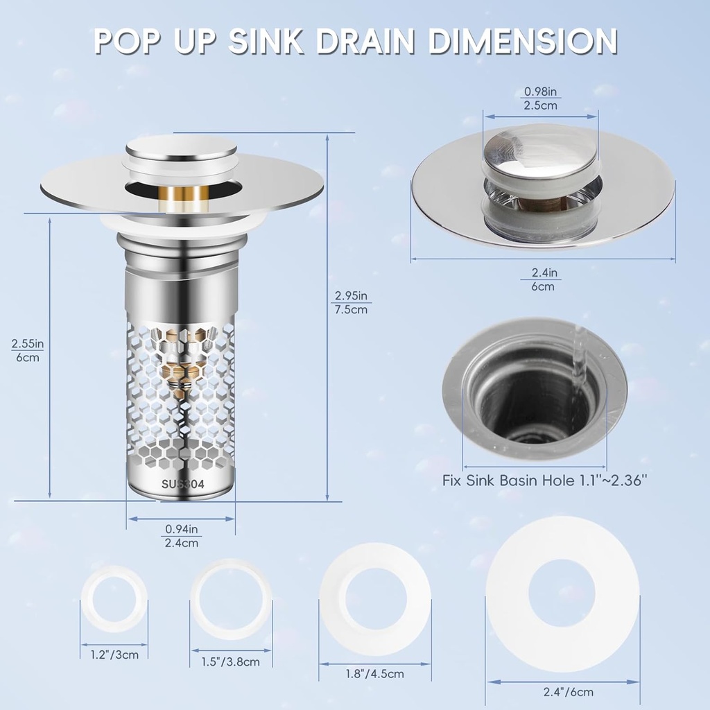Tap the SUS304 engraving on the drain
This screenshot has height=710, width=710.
(181, 485)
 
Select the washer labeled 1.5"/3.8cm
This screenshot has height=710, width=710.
(230, 598)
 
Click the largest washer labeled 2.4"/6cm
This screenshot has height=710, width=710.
(562, 595)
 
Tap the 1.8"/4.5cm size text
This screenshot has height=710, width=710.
(375, 673)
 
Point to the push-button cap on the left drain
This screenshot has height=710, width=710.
(180, 148)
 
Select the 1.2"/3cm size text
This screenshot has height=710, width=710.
(114, 654)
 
